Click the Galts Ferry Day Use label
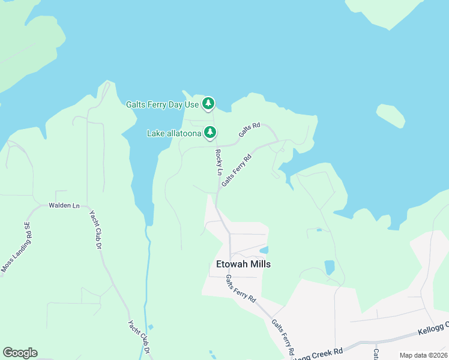(x=162, y=104)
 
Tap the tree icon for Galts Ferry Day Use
(x=208, y=104)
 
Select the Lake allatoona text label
(x=175, y=133)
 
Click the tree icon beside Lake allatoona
(x=209, y=132)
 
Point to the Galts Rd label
(x=249, y=130)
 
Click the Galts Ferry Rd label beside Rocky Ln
(x=235, y=169)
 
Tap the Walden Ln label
(x=64, y=206)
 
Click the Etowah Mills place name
(x=243, y=264)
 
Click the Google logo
(x=20, y=353)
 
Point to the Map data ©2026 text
(x=423, y=355)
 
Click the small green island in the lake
(x=390, y=116)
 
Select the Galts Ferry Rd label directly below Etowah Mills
(x=241, y=289)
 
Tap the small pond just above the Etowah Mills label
(x=264, y=250)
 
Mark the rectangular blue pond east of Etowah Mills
(x=330, y=267)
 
